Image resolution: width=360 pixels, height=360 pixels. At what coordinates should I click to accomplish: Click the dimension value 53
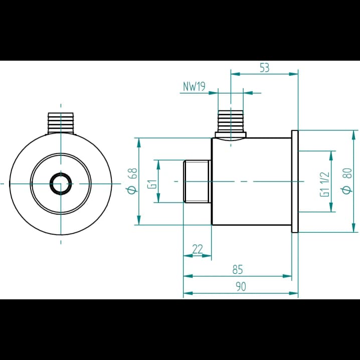[264, 68]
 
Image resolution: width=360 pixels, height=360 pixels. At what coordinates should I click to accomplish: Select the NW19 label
[194, 87]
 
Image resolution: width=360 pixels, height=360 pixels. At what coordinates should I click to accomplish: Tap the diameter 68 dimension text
[133, 181]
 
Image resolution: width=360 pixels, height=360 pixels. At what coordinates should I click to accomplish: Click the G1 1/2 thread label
[325, 185]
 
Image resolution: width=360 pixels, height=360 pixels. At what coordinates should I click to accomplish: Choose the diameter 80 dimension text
[347, 181]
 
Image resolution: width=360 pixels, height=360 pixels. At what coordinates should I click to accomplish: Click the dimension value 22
[198, 249]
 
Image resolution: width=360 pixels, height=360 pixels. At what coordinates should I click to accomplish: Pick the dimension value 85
[237, 270]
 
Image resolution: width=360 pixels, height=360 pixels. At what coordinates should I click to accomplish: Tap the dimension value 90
[241, 286]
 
